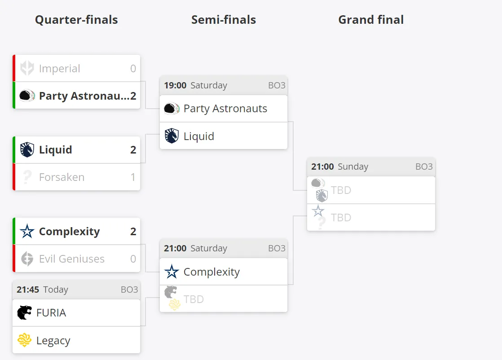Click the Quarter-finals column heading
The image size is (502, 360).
coord(76,20)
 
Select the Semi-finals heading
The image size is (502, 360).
coord(224,20)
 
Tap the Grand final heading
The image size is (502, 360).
coord(371,20)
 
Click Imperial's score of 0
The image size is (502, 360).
coord(133,69)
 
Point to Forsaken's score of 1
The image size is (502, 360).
coord(133,177)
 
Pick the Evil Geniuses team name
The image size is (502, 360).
coord(72,259)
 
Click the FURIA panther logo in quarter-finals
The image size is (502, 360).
coord(24,312)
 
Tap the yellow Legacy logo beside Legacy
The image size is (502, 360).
coord(24,340)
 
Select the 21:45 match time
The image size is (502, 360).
coord(28,290)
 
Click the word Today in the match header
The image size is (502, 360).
coord(56,290)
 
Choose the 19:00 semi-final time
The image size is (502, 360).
coord(175,85)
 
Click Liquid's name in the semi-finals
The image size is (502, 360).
coord(199,136)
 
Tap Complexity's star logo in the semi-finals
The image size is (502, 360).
coord(172,272)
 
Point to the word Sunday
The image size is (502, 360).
coord(353,167)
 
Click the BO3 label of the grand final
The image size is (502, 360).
coord(424,167)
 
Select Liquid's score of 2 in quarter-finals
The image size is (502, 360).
coord(133,150)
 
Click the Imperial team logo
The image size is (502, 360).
coord(27,68)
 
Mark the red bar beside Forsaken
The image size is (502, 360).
coord(14,177)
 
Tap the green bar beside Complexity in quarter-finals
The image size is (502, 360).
coord(14,231)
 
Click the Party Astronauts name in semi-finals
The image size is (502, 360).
coord(225,109)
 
